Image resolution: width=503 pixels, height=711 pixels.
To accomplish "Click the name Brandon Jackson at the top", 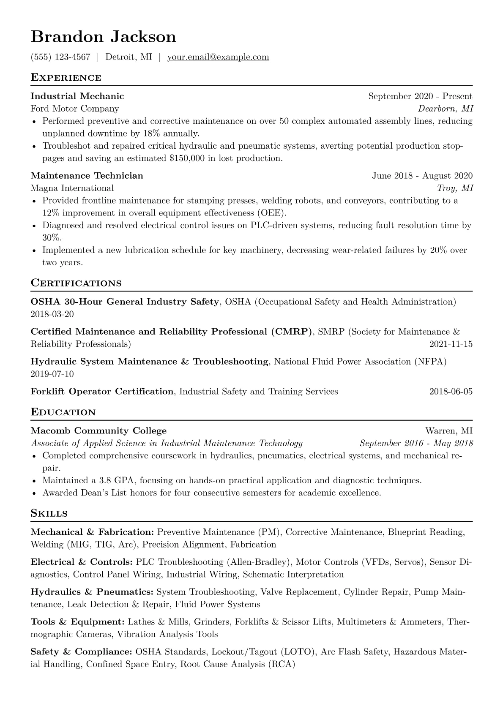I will tap(103, 37).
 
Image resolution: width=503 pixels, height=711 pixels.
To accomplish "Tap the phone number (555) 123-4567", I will tap(60, 57).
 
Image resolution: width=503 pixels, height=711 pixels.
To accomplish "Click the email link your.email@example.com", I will tap(218, 57).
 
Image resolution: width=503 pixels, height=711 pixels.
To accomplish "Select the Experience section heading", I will tap(66, 78).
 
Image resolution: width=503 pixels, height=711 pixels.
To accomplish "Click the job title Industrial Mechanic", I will tap(77, 96).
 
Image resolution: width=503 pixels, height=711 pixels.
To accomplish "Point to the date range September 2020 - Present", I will tap(420, 96).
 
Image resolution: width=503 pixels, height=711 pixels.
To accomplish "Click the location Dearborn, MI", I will tap(446, 109).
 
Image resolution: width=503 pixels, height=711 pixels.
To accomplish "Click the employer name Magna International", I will tap(72, 188).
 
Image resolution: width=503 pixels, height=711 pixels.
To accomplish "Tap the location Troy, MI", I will tap(455, 188).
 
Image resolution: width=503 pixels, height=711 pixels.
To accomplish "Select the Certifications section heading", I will tap(76, 283).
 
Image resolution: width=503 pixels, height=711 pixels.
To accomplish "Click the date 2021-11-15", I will tap(451, 344).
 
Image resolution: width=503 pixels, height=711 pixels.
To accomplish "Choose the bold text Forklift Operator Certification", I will tap(102, 392).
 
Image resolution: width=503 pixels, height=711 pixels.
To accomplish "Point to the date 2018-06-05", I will tap(451, 392).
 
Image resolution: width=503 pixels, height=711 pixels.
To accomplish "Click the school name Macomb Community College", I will tap(98, 431).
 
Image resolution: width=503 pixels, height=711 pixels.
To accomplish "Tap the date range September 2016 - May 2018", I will tap(416, 444).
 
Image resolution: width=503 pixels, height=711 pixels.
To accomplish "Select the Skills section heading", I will tap(49, 514).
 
